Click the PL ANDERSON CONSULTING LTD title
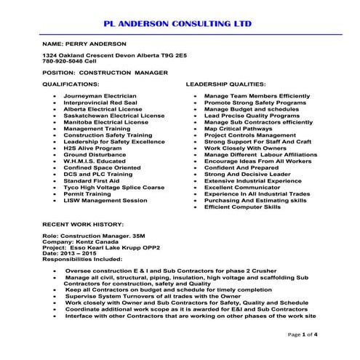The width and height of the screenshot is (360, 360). (179, 23)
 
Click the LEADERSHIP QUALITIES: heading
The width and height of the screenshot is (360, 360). (226, 84)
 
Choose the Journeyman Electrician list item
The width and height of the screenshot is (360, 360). (100, 96)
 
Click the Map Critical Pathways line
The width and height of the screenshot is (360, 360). (239, 129)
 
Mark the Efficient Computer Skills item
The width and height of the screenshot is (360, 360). (242, 207)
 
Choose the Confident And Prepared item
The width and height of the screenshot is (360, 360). (241, 168)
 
